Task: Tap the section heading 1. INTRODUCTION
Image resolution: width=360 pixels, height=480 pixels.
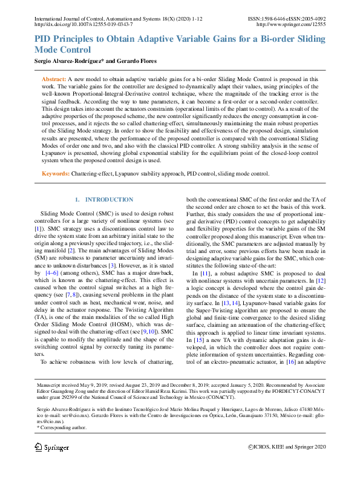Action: point(103,200)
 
